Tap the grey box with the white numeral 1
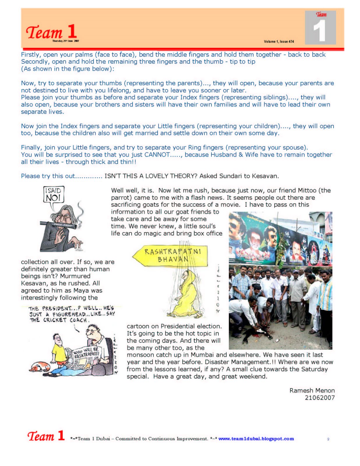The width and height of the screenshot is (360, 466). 320,28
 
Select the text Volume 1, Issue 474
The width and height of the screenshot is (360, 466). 279,42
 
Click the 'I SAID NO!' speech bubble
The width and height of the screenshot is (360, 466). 53,195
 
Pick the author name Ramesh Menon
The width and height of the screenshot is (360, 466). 312,391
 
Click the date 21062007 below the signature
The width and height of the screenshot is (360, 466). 320,398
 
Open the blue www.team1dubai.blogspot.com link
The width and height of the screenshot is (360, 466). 256,439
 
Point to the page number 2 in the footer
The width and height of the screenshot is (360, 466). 328,439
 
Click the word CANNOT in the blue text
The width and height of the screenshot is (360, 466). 157,155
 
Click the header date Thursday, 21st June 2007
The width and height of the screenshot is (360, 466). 66,41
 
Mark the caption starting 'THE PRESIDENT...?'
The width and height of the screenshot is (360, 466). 72,314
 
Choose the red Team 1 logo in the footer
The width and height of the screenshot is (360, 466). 46,436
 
